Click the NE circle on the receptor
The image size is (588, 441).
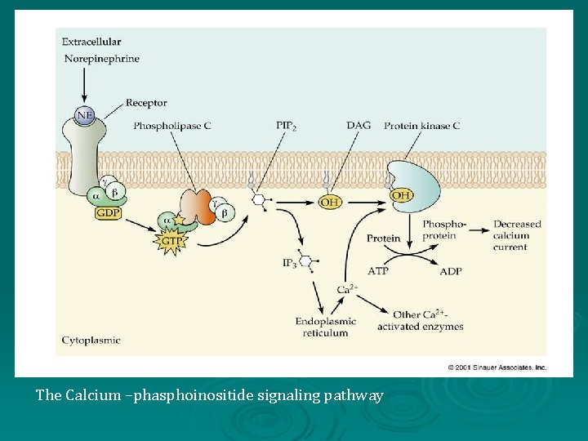click(x=85, y=115)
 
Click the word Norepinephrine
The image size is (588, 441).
click(x=101, y=59)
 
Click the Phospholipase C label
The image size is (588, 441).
click(x=172, y=125)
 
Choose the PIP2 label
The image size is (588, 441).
click(x=287, y=125)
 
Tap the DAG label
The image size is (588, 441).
click(x=358, y=125)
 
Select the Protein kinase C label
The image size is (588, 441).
click(x=422, y=125)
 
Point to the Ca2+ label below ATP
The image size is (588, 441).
click(x=347, y=289)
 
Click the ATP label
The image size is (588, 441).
click(x=378, y=271)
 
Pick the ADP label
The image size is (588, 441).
click(x=450, y=271)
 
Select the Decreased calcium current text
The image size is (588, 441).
click(x=516, y=235)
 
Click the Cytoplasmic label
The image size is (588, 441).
click(x=91, y=340)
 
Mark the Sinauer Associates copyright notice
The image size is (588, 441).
click(x=497, y=367)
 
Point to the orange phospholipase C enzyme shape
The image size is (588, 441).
click(x=196, y=207)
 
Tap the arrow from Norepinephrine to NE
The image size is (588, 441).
click(x=84, y=85)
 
